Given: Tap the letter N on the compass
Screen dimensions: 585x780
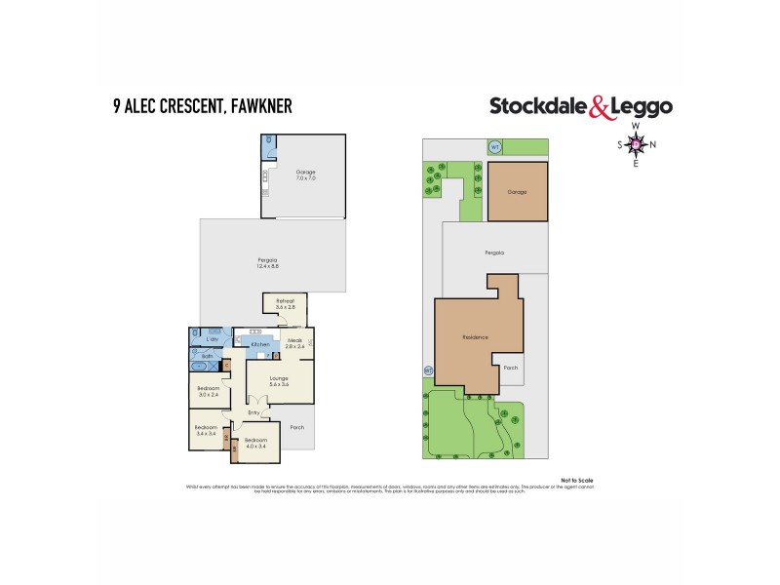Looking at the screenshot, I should coord(653,145).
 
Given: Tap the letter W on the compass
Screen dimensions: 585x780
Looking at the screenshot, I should coord(635,127).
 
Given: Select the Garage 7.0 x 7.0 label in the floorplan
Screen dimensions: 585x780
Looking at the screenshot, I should coord(306,175).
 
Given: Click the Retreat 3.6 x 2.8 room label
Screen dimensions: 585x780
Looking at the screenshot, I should coord(286,304).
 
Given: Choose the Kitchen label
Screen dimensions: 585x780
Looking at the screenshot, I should coord(260,345).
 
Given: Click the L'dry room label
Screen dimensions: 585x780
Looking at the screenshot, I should coord(212,338).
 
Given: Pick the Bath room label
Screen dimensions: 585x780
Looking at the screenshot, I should coord(208,357).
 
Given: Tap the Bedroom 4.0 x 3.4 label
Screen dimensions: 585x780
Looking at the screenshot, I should coord(255,444).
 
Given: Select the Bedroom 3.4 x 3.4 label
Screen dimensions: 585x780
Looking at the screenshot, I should coord(206,431).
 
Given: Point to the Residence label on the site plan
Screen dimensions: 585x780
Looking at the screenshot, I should coord(475,337).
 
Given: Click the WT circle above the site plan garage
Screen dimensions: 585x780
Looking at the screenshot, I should coord(494,147).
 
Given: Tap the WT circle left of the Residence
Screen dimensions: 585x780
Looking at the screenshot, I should coord(427,370).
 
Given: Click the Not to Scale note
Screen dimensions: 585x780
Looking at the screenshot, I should coord(577,480).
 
